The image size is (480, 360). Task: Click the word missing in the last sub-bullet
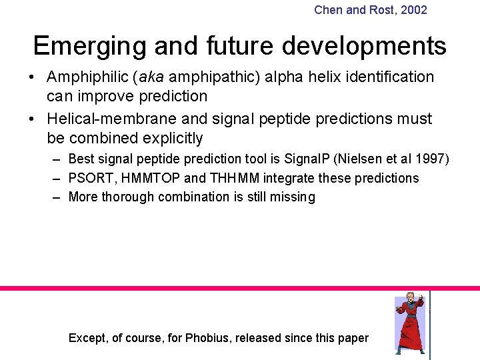[x=293, y=197]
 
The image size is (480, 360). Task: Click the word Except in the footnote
[x=87, y=338]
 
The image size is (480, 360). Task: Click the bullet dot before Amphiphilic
[x=32, y=77]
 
